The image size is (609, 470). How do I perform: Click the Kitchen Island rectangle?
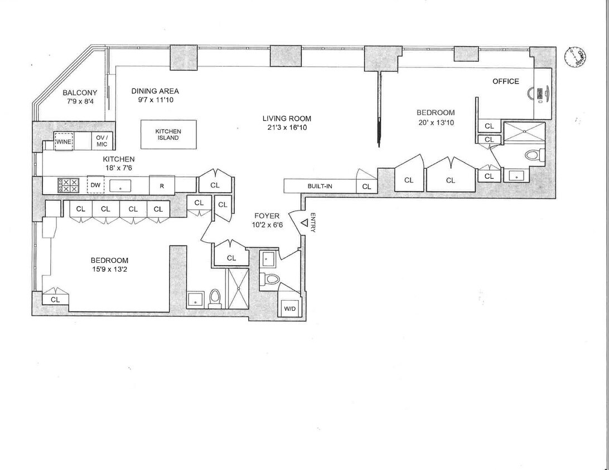(168, 135)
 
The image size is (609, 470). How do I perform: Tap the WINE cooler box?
(65, 142)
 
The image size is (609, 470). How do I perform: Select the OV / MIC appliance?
(101, 141)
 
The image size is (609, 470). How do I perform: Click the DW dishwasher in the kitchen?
(96, 185)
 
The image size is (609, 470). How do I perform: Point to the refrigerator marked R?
(162, 185)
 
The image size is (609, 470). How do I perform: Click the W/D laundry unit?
(289, 307)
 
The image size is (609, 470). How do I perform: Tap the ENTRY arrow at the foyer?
(304, 223)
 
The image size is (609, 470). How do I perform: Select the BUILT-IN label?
(320, 186)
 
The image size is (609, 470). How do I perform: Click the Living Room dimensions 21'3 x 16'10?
(287, 128)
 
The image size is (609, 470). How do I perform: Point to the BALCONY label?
(80, 93)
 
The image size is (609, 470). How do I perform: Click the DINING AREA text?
(155, 91)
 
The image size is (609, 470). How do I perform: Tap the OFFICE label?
(505, 81)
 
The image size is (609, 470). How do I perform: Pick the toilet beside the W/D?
(271, 279)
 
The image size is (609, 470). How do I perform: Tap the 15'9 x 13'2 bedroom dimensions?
(109, 270)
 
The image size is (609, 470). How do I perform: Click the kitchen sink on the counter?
(120, 185)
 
